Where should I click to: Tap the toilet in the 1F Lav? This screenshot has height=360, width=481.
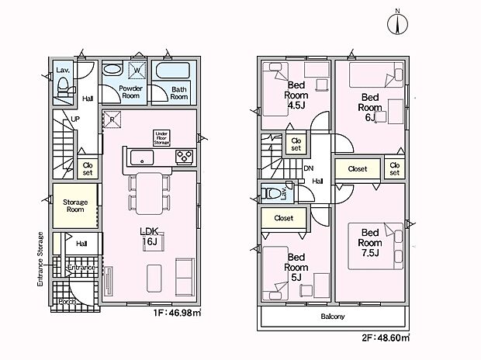coord(64,87)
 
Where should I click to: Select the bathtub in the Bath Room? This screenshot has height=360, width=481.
coord(173,71)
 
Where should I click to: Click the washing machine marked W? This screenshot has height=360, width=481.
coord(137,71)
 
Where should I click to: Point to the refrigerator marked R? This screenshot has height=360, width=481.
coord(112,119)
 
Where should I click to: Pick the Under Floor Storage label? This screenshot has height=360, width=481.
coord(161,138)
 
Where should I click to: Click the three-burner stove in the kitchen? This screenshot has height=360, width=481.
coord(185,157)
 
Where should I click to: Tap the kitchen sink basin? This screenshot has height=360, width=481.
coord(142,157)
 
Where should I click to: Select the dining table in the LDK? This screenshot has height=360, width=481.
coord(150,193)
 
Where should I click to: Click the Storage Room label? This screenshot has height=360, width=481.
coord(75,206)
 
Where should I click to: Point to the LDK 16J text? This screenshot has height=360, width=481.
coord(149,237)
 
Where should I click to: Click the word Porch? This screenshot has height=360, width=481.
coord(67,302)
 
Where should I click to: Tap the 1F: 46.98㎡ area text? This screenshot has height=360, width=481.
coord(178,313)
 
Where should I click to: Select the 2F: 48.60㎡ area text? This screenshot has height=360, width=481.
coord(386,338)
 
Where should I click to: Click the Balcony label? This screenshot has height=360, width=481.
coord(333,316)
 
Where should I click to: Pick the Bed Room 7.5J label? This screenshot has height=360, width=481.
coord(370,242)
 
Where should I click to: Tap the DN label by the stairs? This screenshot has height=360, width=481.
coord(308,168)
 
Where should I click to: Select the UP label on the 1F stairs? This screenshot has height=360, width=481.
coord(75,119)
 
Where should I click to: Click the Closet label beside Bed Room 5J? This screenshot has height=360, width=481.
coord(284,218)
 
